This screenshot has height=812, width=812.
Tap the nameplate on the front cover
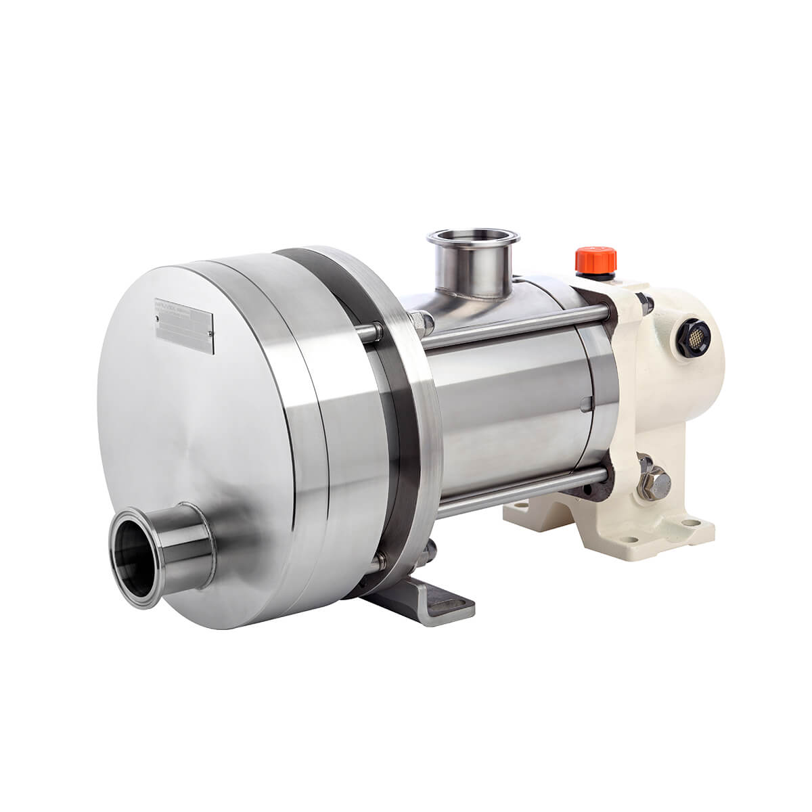click(185, 326)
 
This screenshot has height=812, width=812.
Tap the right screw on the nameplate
click(210, 332)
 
